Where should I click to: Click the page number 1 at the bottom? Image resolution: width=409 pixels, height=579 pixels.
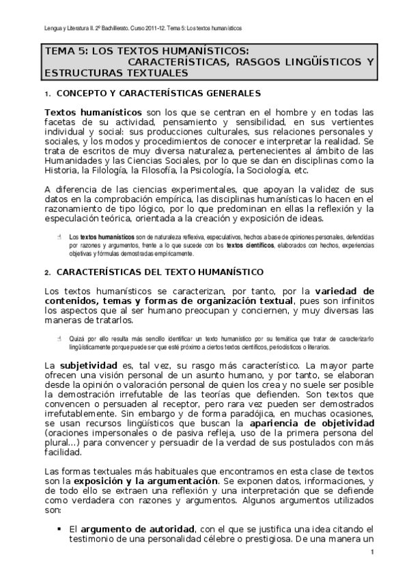pos(373,552)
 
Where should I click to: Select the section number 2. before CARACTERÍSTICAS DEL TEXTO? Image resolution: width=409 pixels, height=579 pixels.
pos(48,272)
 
